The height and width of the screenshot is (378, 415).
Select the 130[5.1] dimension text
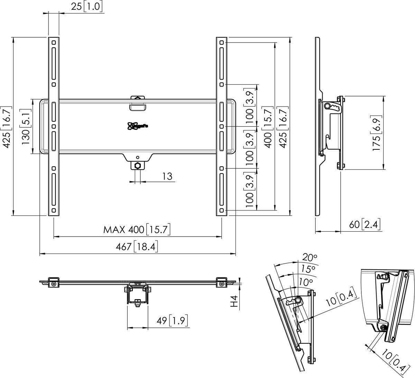click(28, 126)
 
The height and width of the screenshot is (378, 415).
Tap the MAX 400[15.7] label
click(137, 230)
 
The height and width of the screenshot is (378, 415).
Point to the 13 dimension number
click(167, 176)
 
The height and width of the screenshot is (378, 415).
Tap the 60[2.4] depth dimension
click(365, 225)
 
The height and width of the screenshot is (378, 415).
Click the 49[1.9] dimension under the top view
click(172, 321)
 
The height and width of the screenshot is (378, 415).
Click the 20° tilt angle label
click(310, 258)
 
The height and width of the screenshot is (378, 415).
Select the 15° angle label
click(307, 269)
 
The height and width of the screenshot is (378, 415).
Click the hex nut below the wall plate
click(138, 165)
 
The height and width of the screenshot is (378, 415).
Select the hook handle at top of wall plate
click(138, 103)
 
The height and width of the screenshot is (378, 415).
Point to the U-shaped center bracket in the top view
click(138, 296)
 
